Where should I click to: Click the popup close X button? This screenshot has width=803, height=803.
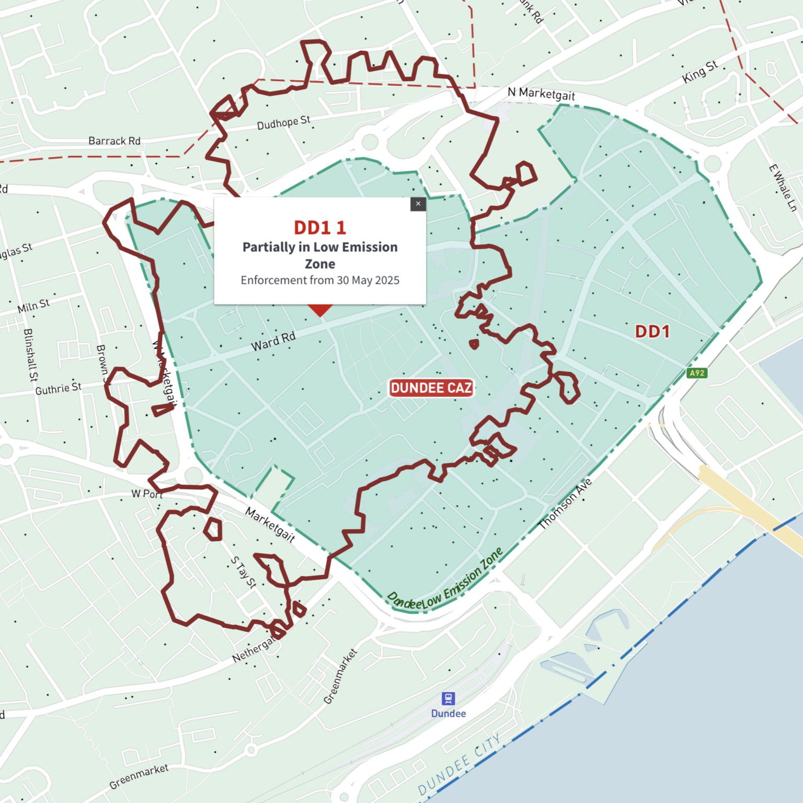click(418, 204)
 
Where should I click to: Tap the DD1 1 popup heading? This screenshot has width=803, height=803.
click(320, 228)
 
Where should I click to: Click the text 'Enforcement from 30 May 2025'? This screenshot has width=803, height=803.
click(320, 281)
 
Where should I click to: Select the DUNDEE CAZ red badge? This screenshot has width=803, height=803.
click(431, 388)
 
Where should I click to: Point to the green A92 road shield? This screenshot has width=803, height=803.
click(697, 373)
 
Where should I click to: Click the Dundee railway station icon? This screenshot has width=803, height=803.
click(448, 698)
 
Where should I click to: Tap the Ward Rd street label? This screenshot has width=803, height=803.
click(273, 341)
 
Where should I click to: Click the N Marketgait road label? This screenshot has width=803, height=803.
click(541, 94)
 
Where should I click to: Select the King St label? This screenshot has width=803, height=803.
click(699, 72)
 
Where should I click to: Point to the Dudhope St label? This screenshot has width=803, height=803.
click(283, 123)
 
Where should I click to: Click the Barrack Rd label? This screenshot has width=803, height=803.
click(114, 141)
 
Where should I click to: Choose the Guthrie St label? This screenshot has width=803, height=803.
click(59, 388)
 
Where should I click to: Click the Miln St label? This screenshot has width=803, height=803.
click(33, 305)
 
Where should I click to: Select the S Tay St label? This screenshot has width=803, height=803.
click(244, 572)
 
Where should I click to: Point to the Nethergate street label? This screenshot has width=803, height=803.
click(254, 649)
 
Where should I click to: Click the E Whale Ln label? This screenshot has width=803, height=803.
click(783, 188)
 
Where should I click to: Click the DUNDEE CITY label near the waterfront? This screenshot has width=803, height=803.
click(460, 764)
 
